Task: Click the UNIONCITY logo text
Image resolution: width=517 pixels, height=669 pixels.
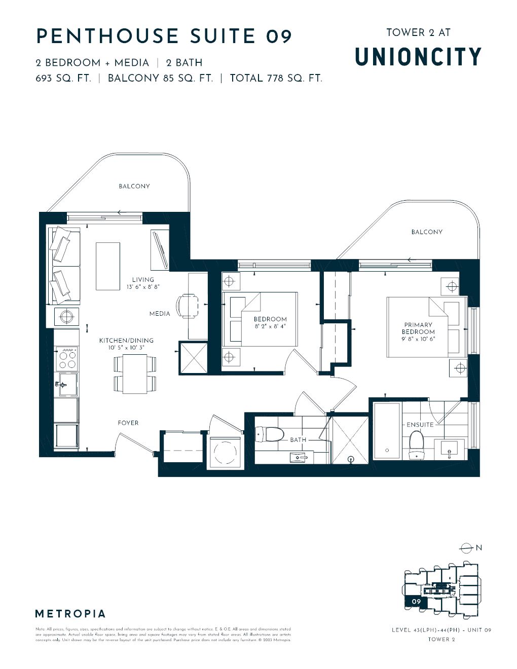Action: point(418,57)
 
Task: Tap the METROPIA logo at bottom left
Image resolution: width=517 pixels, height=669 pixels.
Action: point(70,614)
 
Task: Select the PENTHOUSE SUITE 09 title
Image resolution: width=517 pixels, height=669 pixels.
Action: point(164,36)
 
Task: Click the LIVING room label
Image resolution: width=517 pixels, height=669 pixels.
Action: point(143,279)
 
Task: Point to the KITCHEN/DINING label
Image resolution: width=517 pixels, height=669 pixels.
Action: point(126,341)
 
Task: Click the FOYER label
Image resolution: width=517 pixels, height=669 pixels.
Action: point(128,423)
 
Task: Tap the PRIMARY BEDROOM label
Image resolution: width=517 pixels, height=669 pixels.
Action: point(418,328)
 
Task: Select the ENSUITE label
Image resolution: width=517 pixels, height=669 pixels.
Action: point(420,425)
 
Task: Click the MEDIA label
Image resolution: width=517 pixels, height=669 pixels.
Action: point(160,314)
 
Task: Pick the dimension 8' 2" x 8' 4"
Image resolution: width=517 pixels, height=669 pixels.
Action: point(270,326)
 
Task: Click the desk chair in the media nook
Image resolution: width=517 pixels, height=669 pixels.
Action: point(186,306)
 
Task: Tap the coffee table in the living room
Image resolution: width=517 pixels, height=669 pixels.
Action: point(107,266)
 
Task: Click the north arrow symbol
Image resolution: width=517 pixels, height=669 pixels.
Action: point(466,548)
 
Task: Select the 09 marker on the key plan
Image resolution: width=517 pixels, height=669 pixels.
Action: point(416,602)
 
